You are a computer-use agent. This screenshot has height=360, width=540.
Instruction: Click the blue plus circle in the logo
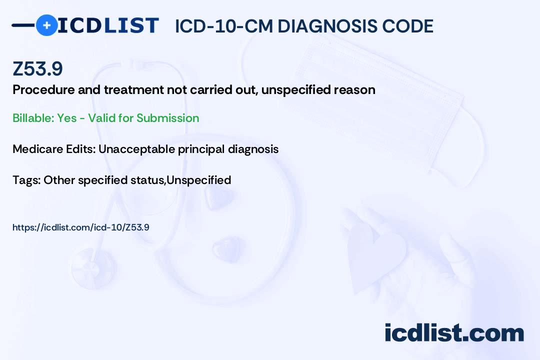(x=46, y=25)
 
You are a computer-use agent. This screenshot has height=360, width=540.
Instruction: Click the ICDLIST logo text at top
(x=108, y=25)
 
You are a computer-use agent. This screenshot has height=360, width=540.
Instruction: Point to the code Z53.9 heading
(x=37, y=69)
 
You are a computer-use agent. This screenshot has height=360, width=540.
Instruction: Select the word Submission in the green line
(x=167, y=118)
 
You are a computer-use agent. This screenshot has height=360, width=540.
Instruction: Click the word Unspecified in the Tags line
(x=199, y=180)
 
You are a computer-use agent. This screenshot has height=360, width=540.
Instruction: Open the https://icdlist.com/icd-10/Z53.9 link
(x=81, y=227)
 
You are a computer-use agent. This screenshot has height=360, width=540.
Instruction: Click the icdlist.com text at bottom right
(x=454, y=333)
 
